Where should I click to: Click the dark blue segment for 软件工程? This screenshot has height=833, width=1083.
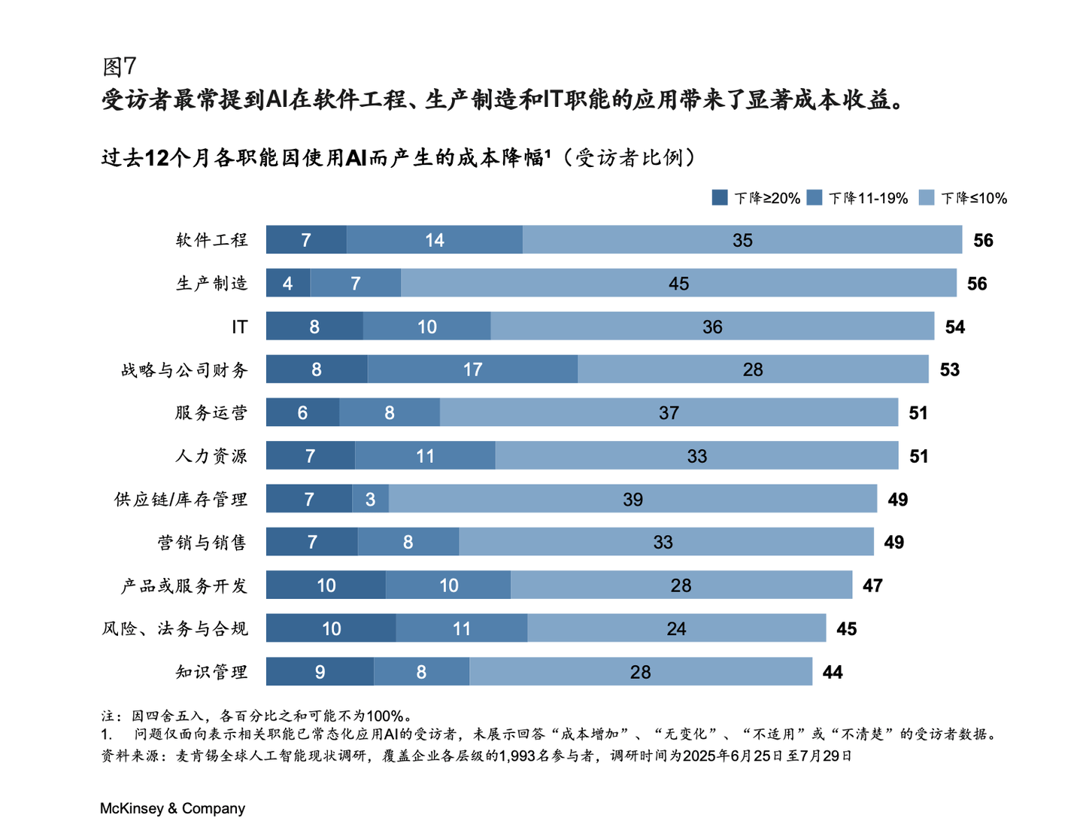306,240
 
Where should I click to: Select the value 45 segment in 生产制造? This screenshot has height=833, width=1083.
678,284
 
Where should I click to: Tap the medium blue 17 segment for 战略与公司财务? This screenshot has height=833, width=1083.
472,369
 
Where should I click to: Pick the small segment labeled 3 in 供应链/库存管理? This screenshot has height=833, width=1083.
370,499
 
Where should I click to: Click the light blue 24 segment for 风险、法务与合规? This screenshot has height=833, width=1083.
676,628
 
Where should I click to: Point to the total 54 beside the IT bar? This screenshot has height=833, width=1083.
954,327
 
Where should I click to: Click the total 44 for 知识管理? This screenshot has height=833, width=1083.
832,672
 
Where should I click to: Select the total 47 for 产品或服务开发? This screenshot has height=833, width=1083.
872,585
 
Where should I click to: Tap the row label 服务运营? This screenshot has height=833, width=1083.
211,412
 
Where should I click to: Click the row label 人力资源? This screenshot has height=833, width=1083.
211,456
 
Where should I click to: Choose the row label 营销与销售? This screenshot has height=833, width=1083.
202,543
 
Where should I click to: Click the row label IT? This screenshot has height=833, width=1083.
239,327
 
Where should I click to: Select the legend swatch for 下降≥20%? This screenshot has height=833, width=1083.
720,198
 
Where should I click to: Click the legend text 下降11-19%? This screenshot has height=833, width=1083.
868,198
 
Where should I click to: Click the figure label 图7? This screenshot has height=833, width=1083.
119,66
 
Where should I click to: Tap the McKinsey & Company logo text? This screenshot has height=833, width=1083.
172,808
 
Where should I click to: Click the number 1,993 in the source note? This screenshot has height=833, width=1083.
518,755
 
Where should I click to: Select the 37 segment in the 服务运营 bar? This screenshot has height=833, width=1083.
669,412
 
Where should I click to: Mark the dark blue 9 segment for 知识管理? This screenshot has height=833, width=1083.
320,672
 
